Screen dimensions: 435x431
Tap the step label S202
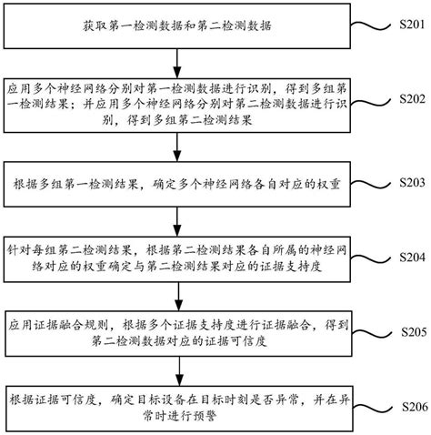pos(406,97)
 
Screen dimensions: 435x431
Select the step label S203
pos(406,181)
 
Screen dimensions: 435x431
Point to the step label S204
pos(406,256)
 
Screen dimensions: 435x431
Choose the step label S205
pos(406,331)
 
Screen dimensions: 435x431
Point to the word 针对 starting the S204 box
pos(17,248)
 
